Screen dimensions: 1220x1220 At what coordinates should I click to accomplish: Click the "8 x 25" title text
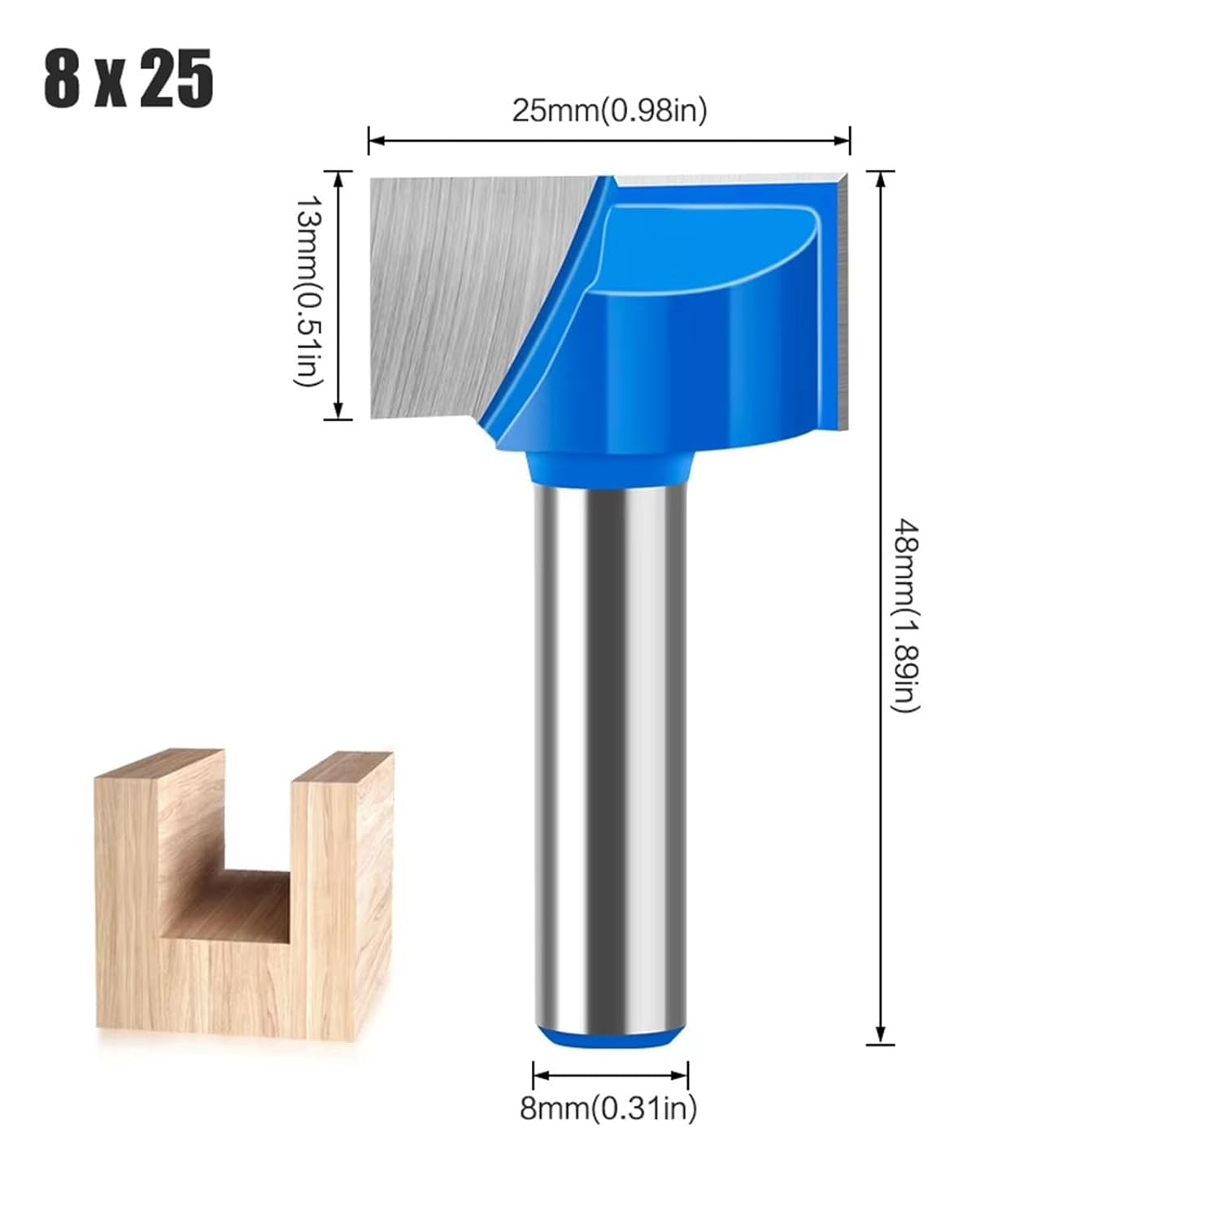pos(129,78)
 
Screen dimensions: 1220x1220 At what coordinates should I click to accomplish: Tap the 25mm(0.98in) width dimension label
pos(609,110)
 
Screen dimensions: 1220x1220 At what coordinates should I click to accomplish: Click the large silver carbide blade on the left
pos(455,293)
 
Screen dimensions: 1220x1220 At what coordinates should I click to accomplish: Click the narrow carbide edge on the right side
pos(841,301)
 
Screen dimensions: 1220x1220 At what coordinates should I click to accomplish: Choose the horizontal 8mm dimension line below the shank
pos(610,1074)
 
